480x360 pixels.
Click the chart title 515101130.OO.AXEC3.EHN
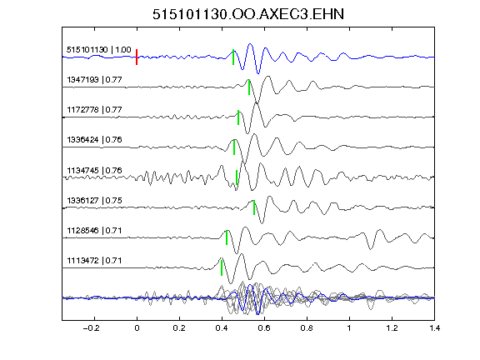248,14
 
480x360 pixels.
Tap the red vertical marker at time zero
137,57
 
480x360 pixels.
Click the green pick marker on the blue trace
233,57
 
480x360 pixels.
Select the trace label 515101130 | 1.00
98,50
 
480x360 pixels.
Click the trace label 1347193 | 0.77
94,80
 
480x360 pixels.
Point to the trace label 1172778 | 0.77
94,110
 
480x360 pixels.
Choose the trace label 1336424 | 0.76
94,140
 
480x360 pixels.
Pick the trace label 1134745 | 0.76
94,170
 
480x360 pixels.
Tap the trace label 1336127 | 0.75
94,201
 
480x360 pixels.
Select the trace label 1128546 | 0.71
94,230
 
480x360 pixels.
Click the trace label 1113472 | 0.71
94,261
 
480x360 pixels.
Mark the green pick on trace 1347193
249,87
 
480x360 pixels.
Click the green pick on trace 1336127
254,207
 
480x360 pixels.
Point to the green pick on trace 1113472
222,267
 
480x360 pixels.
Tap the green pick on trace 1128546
227,237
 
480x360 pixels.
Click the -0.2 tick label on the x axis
91,328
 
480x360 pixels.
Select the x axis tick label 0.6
264,328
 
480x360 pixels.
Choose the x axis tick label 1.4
434,328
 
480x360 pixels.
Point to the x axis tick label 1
349,328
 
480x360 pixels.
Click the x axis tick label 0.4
222,328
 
